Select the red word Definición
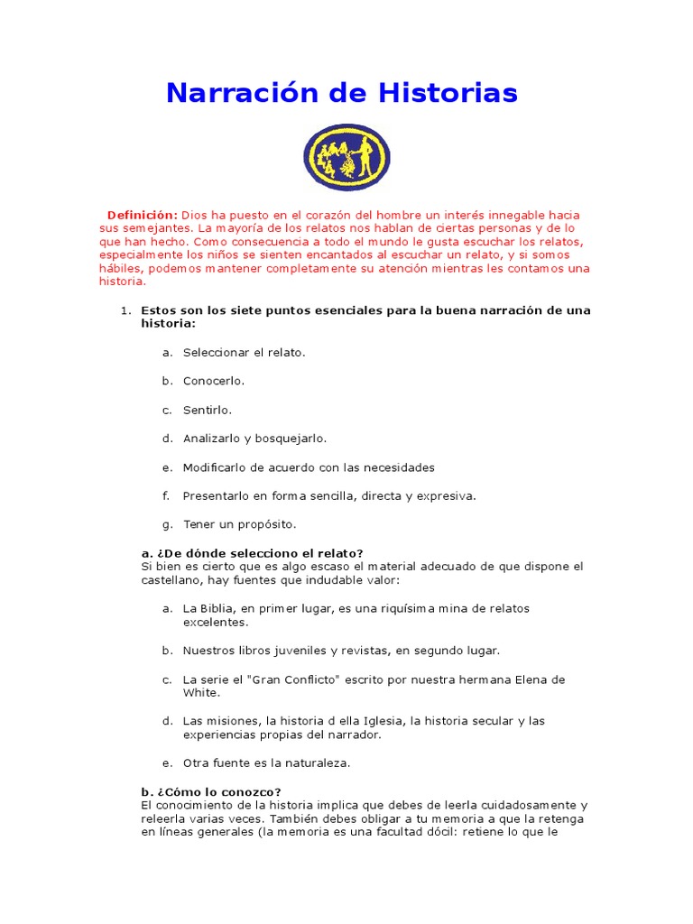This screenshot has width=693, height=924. [x=143, y=215]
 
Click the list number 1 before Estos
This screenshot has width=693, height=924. [x=125, y=310]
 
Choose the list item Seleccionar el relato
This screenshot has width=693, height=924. [x=244, y=352]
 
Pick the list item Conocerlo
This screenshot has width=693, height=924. [x=214, y=381]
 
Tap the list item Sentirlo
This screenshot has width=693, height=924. [x=208, y=410]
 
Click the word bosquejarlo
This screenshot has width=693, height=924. [x=291, y=439]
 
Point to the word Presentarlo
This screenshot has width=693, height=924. [x=216, y=495]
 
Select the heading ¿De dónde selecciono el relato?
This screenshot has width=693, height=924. [x=252, y=553]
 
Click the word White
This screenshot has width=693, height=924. [x=200, y=693]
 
